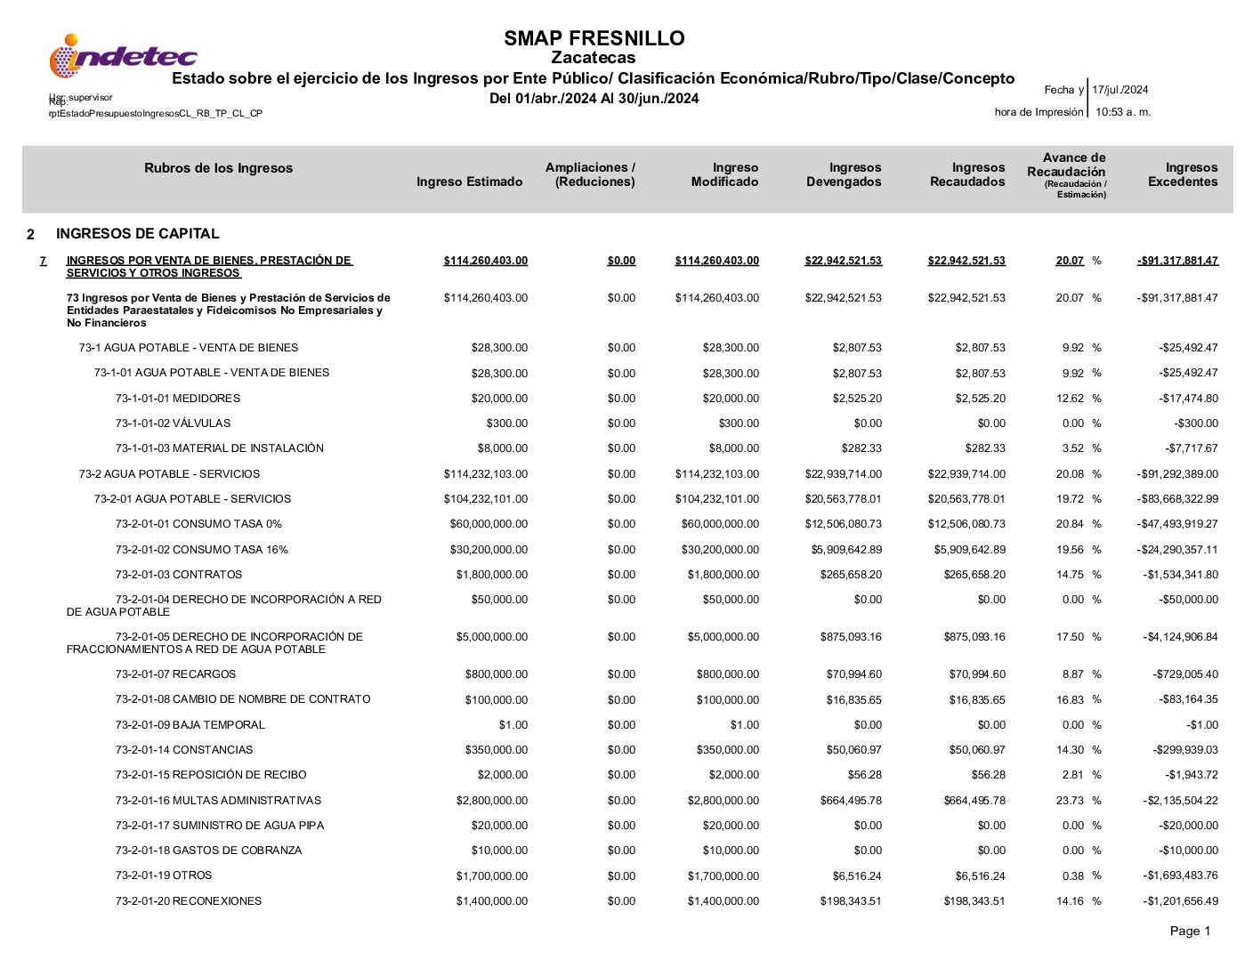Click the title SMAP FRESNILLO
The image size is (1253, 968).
594,38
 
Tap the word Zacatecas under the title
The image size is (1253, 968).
594,59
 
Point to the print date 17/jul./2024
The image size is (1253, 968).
1120,90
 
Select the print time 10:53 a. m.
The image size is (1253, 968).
1122,112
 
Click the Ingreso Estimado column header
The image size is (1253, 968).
469,182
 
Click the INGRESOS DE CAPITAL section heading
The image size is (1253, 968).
137,234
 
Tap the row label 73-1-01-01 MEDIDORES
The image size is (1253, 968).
177,399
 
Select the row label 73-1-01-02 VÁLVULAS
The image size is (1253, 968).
173,423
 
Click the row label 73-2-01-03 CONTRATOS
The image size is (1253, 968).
178,575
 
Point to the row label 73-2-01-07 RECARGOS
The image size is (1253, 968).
175,674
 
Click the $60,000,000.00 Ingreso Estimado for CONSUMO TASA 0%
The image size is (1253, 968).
489,524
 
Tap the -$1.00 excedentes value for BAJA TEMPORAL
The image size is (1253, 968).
1201,725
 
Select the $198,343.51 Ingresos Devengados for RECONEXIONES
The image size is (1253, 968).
851,901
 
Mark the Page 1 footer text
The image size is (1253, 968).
1190,932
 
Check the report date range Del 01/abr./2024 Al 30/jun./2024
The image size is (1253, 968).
594,99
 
